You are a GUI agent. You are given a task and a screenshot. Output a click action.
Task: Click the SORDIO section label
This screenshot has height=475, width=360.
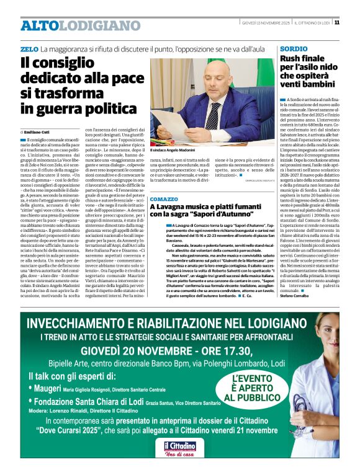pyautogui.click(x=293, y=48)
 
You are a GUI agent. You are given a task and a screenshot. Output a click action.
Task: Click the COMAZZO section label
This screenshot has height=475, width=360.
pyautogui.click(x=164, y=199)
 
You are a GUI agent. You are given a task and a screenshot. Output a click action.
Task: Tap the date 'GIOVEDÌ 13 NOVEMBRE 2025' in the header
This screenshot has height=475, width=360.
pyautogui.click(x=268, y=23)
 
